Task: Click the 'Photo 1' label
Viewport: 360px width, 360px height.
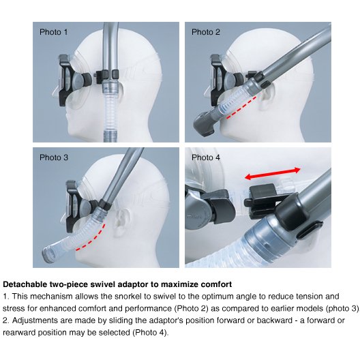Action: point(53,32)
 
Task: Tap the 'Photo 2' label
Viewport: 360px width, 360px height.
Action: point(206,32)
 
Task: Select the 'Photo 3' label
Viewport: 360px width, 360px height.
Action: point(54,157)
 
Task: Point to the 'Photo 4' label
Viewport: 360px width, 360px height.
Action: point(206,157)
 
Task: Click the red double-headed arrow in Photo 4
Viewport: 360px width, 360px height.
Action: point(273,173)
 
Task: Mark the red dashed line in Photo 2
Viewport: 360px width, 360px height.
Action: point(241,108)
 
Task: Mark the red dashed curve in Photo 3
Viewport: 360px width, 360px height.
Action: point(92,239)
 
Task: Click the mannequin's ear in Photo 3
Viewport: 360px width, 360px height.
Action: point(121,223)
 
